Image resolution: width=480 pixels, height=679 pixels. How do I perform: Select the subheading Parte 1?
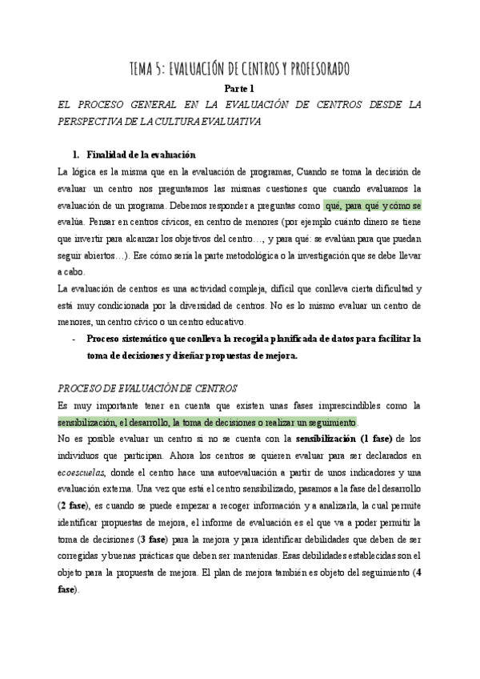click(239, 89)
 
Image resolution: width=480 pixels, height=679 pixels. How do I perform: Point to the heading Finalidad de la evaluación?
click(141, 155)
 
